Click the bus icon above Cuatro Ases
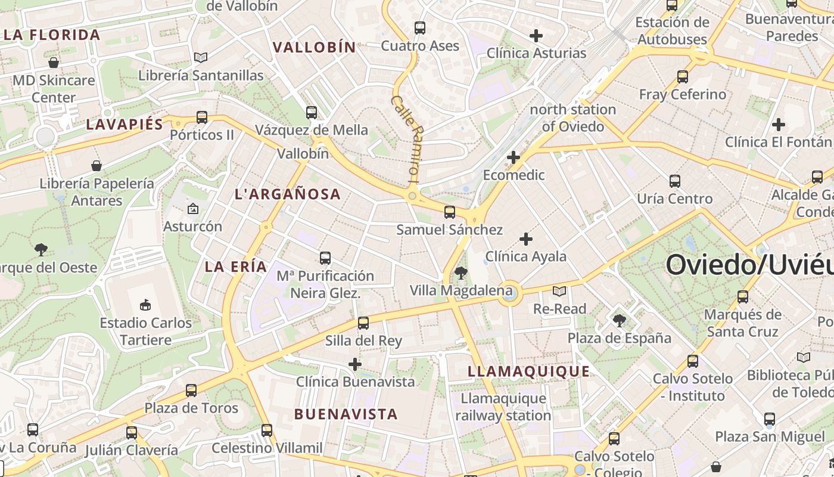[420, 27]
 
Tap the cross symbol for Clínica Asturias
[536, 36]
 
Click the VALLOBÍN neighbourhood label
[314, 47]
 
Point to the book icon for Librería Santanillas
[201, 57]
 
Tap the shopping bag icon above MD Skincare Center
[54, 63]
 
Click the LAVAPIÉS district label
[125, 124]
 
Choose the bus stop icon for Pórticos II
[202, 117]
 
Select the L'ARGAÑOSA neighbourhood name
[288, 194]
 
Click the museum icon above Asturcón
[192, 209]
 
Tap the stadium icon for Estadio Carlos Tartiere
[145, 305]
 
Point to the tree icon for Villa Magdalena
[460, 273]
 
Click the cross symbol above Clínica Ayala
[525, 239]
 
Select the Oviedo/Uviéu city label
[749, 265]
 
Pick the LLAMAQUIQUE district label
[528, 371]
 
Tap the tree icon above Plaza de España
[620, 321]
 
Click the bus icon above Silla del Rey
[363, 323]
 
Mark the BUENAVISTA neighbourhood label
[346, 414]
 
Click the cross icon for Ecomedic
[513, 157]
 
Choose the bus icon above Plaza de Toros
[191, 391]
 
